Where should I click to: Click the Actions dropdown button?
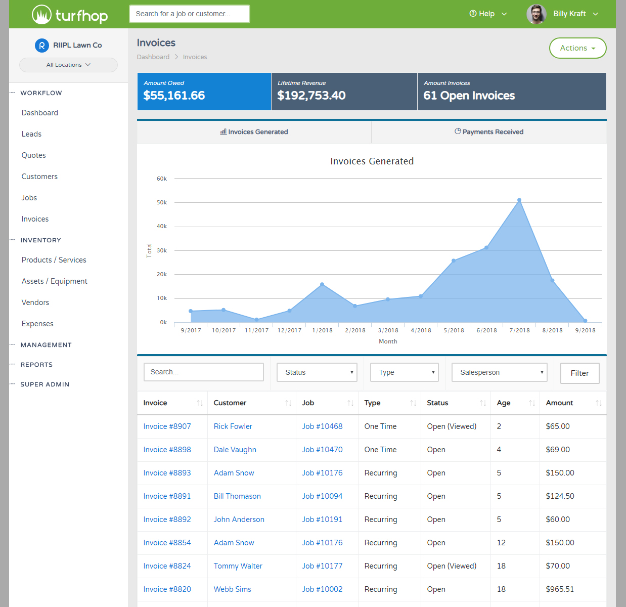click(577, 48)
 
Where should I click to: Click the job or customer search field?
click(190, 14)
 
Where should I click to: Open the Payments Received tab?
click(488, 132)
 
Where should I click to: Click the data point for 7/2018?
click(519, 200)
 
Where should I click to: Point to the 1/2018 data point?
click(322, 285)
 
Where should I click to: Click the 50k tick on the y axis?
click(162, 202)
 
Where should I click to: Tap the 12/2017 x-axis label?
click(289, 330)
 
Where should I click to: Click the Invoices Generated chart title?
click(372, 161)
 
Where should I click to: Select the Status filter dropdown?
click(317, 372)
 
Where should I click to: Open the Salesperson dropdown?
click(500, 372)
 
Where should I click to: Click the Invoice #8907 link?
click(167, 426)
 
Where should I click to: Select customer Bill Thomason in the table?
click(237, 496)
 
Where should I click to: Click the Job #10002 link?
click(322, 589)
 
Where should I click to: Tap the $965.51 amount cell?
click(560, 589)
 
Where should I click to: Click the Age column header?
click(504, 403)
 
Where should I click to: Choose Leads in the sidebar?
click(31, 134)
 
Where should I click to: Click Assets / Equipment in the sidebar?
click(55, 281)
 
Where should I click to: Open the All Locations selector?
click(68, 65)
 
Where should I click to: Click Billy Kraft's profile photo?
click(536, 14)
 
